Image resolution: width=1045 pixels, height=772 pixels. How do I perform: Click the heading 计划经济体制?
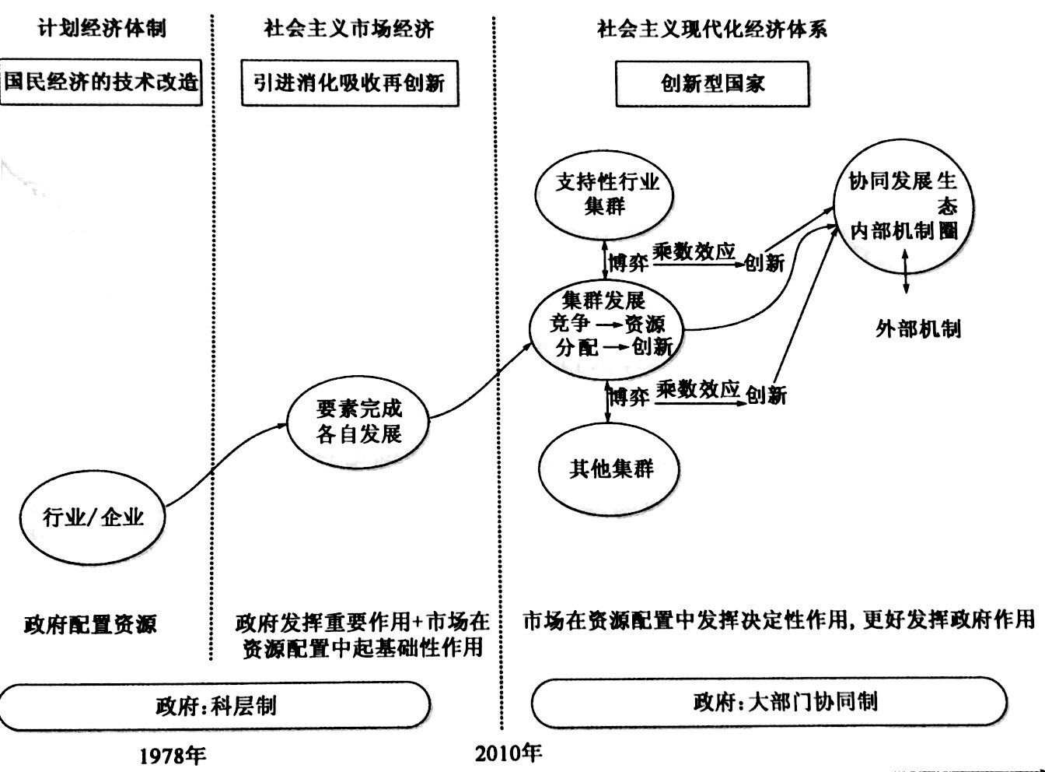[x=101, y=30]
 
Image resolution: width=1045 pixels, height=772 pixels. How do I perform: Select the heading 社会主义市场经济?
[x=349, y=30]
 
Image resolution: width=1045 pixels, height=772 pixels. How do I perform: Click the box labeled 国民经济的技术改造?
[x=101, y=82]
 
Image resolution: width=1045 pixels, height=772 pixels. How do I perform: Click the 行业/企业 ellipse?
[x=93, y=517]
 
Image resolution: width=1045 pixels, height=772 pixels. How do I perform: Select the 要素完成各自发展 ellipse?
[x=358, y=421]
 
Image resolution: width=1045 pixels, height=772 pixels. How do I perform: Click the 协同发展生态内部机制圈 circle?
[x=903, y=206]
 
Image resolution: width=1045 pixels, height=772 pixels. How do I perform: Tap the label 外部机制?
[x=917, y=328]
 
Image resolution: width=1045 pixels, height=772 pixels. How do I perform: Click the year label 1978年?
[x=173, y=753]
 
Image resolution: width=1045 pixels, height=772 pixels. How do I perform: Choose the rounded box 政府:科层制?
[x=215, y=705]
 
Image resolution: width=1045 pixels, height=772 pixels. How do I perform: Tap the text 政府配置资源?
[x=90, y=623]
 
